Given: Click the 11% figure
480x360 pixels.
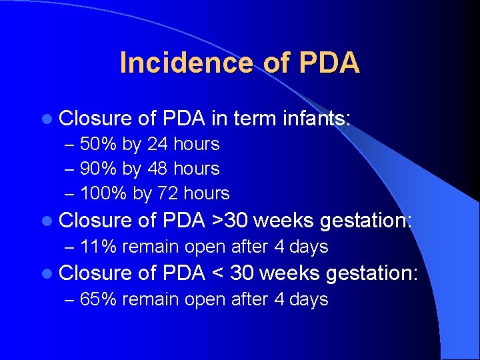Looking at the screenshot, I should click(x=97, y=247).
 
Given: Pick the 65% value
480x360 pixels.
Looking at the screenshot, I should click(x=98, y=299).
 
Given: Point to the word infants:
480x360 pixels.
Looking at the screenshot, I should click(x=315, y=118).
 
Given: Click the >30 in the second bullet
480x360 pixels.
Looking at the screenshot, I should click(x=228, y=220).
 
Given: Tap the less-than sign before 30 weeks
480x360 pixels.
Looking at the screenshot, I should click(x=217, y=273).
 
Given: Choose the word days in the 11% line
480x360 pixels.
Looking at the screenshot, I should click(x=309, y=247).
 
